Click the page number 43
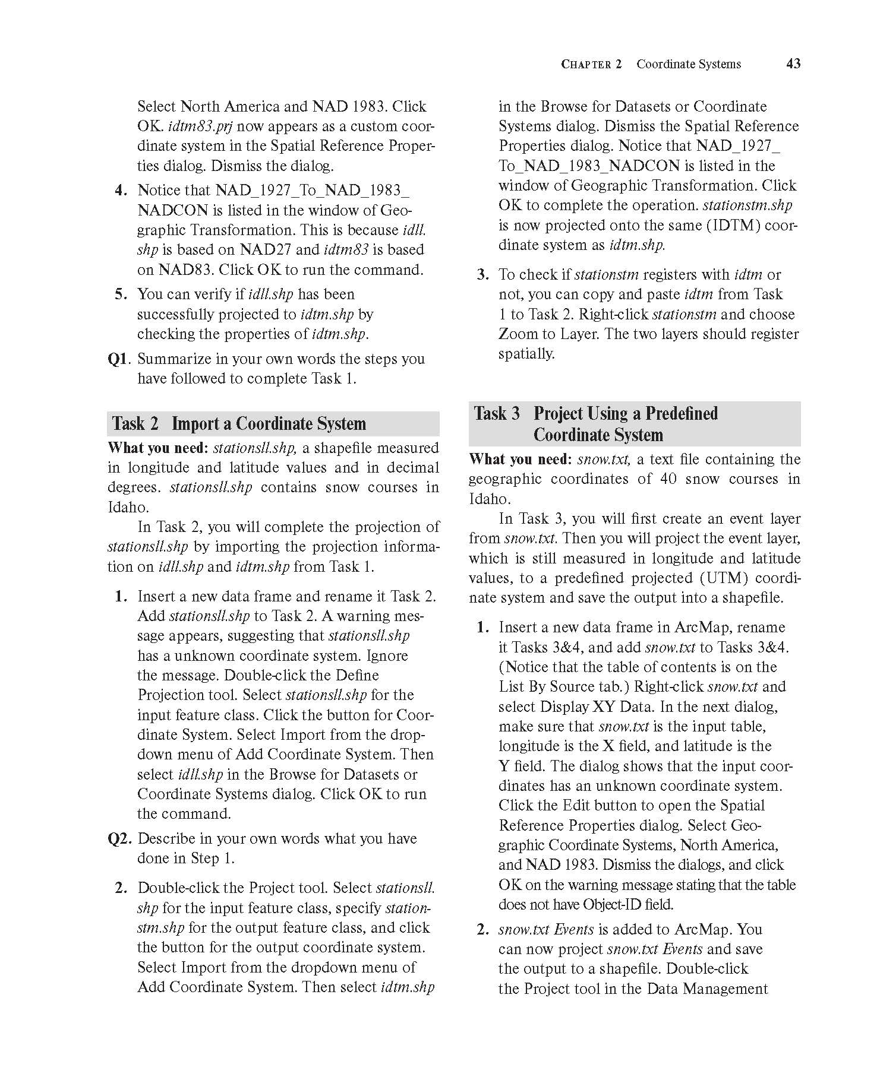793,64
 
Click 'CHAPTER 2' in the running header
591,64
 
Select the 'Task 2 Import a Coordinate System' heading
239,424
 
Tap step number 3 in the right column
482,275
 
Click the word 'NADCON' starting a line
172,211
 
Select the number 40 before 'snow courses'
668,479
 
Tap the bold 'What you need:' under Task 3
520,460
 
